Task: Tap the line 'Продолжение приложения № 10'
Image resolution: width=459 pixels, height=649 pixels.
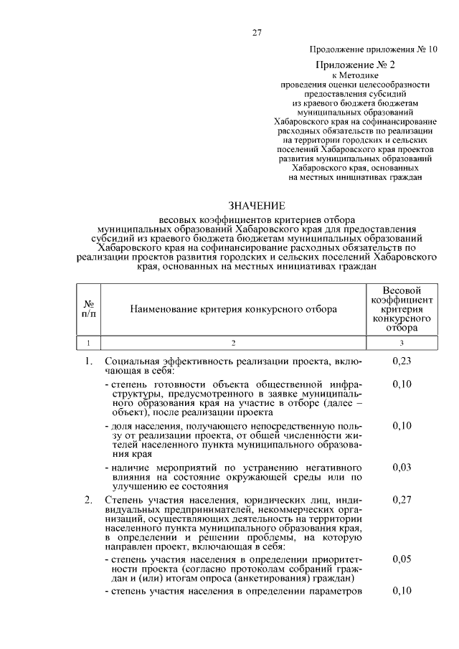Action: [x=372, y=50]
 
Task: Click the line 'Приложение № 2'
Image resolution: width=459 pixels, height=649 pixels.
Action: [x=372, y=65]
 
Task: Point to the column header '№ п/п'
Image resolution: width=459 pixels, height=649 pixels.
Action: [x=89, y=309]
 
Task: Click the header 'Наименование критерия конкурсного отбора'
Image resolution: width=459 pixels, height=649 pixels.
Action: [x=233, y=309]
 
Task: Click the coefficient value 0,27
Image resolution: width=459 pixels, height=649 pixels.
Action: [x=402, y=499]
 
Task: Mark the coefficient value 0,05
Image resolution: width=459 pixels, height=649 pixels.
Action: [x=402, y=559]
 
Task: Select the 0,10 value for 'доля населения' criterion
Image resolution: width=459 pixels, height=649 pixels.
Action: [x=402, y=425]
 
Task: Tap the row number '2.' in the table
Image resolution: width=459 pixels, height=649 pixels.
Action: [x=88, y=499]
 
